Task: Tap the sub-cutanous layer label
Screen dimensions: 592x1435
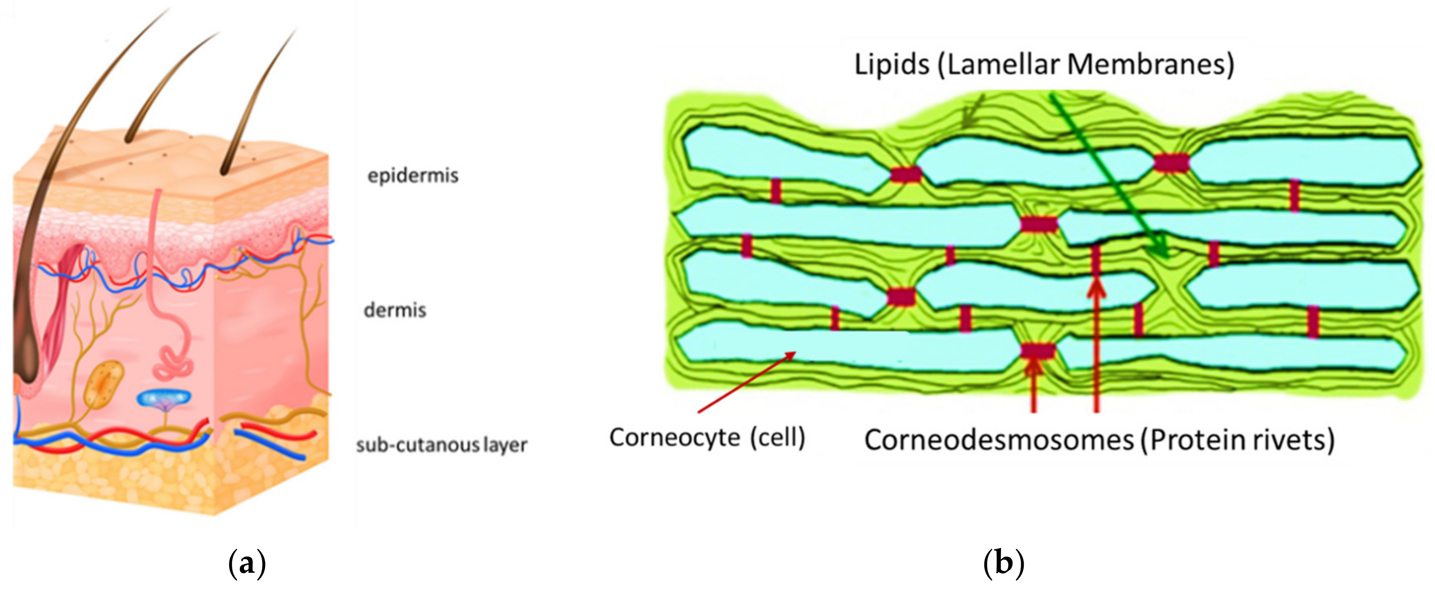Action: pos(441,445)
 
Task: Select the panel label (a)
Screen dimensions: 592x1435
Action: pos(247,564)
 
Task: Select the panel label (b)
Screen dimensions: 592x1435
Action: pos(1003,564)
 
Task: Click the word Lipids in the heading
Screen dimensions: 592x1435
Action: pos(891,65)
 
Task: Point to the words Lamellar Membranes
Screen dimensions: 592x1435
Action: pos(1086,65)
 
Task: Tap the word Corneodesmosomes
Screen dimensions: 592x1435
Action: pos(999,440)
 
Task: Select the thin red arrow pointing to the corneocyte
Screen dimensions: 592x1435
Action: pos(746,382)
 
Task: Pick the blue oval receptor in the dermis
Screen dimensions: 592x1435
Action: pos(164,398)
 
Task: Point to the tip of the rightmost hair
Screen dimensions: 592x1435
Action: pos(294,32)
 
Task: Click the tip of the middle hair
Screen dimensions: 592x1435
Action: pos(217,33)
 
